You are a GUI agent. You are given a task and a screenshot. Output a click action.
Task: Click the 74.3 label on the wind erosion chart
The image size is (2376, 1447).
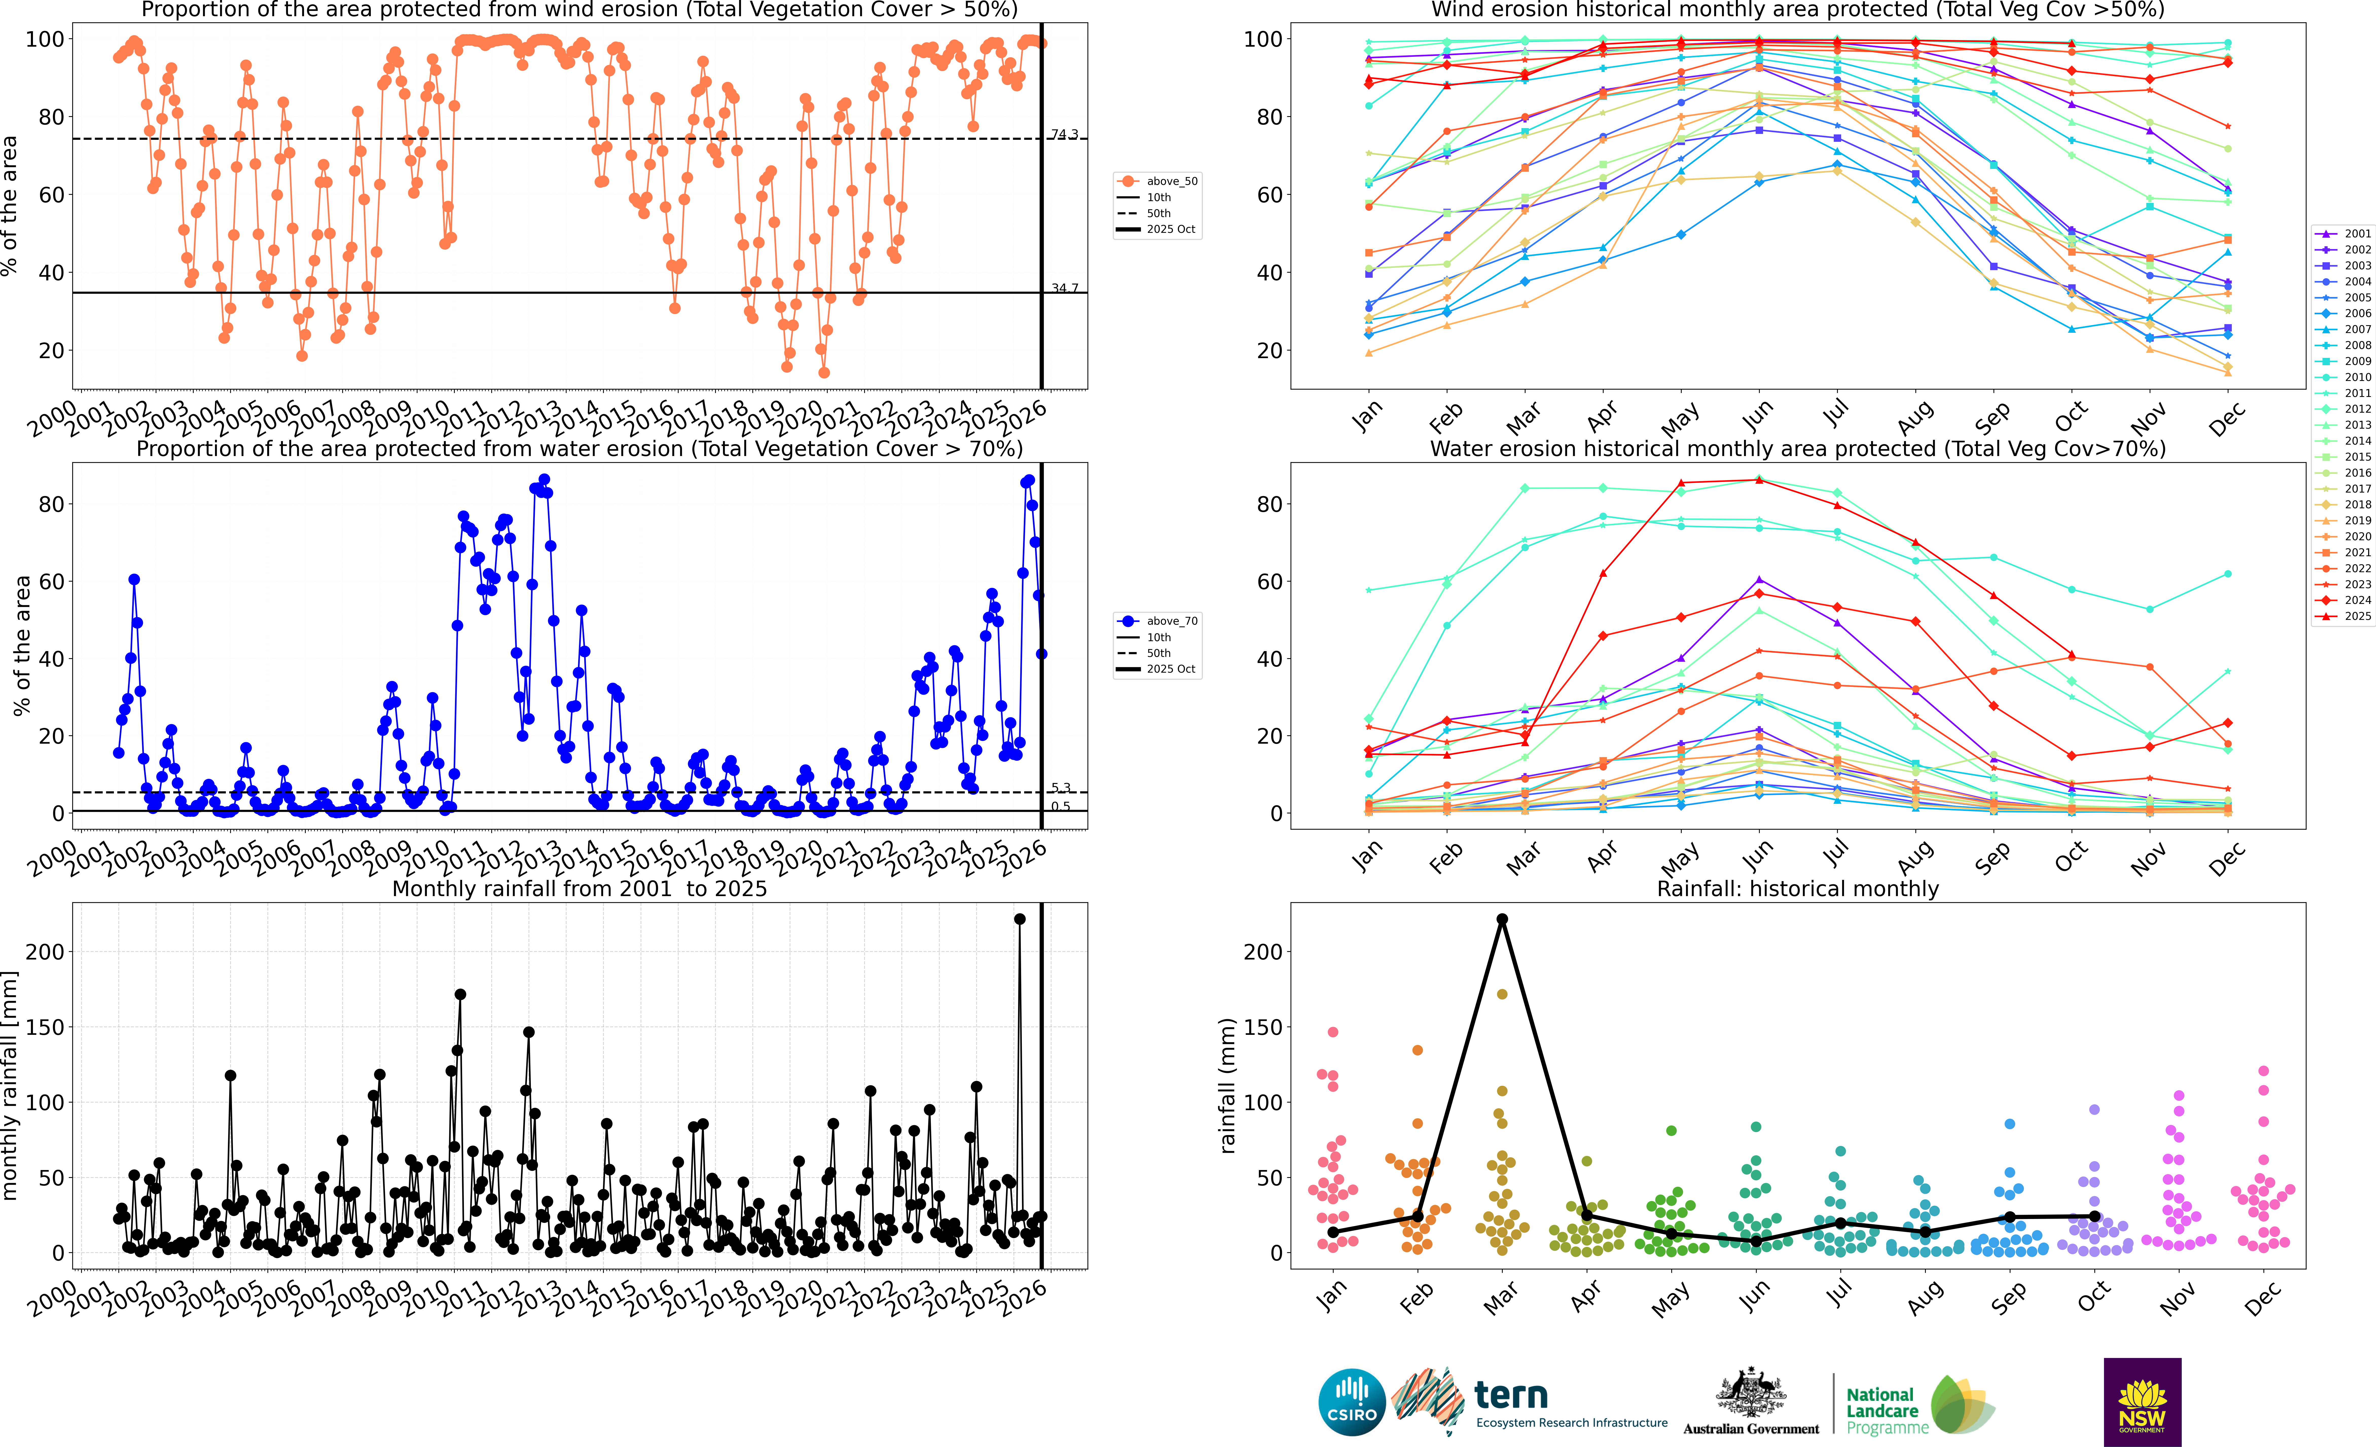pyautogui.click(x=1065, y=134)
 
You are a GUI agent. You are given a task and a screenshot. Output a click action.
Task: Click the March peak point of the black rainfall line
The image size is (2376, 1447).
pyautogui.click(x=1501, y=919)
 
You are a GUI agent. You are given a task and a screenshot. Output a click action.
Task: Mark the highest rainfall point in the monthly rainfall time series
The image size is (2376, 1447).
pyautogui.click(x=1019, y=919)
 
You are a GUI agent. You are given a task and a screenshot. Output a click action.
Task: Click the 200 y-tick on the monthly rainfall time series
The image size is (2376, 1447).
pyautogui.click(x=45, y=951)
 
